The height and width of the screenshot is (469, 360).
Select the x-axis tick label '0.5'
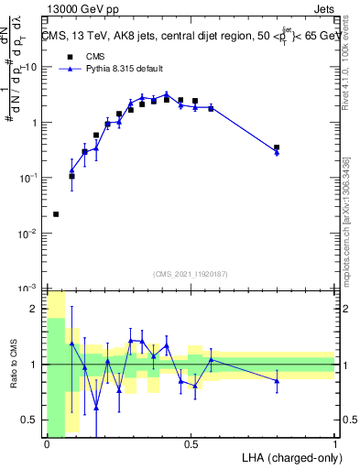pyautogui.click(x=191, y=444)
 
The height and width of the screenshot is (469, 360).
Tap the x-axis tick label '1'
pyautogui.click(x=335, y=444)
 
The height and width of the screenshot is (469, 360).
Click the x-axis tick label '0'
pyautogui.click(x=46, y=444)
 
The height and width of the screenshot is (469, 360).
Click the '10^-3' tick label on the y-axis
pyautogui.click(x=30, y=289)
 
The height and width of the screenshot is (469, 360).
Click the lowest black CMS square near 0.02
pyautogui.click(x=57, y=214)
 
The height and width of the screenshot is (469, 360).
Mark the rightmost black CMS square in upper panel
pyautogui.click(x=277, y=147)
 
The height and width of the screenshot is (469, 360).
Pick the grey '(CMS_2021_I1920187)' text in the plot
pyautogui.click(x=190, y=274)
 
